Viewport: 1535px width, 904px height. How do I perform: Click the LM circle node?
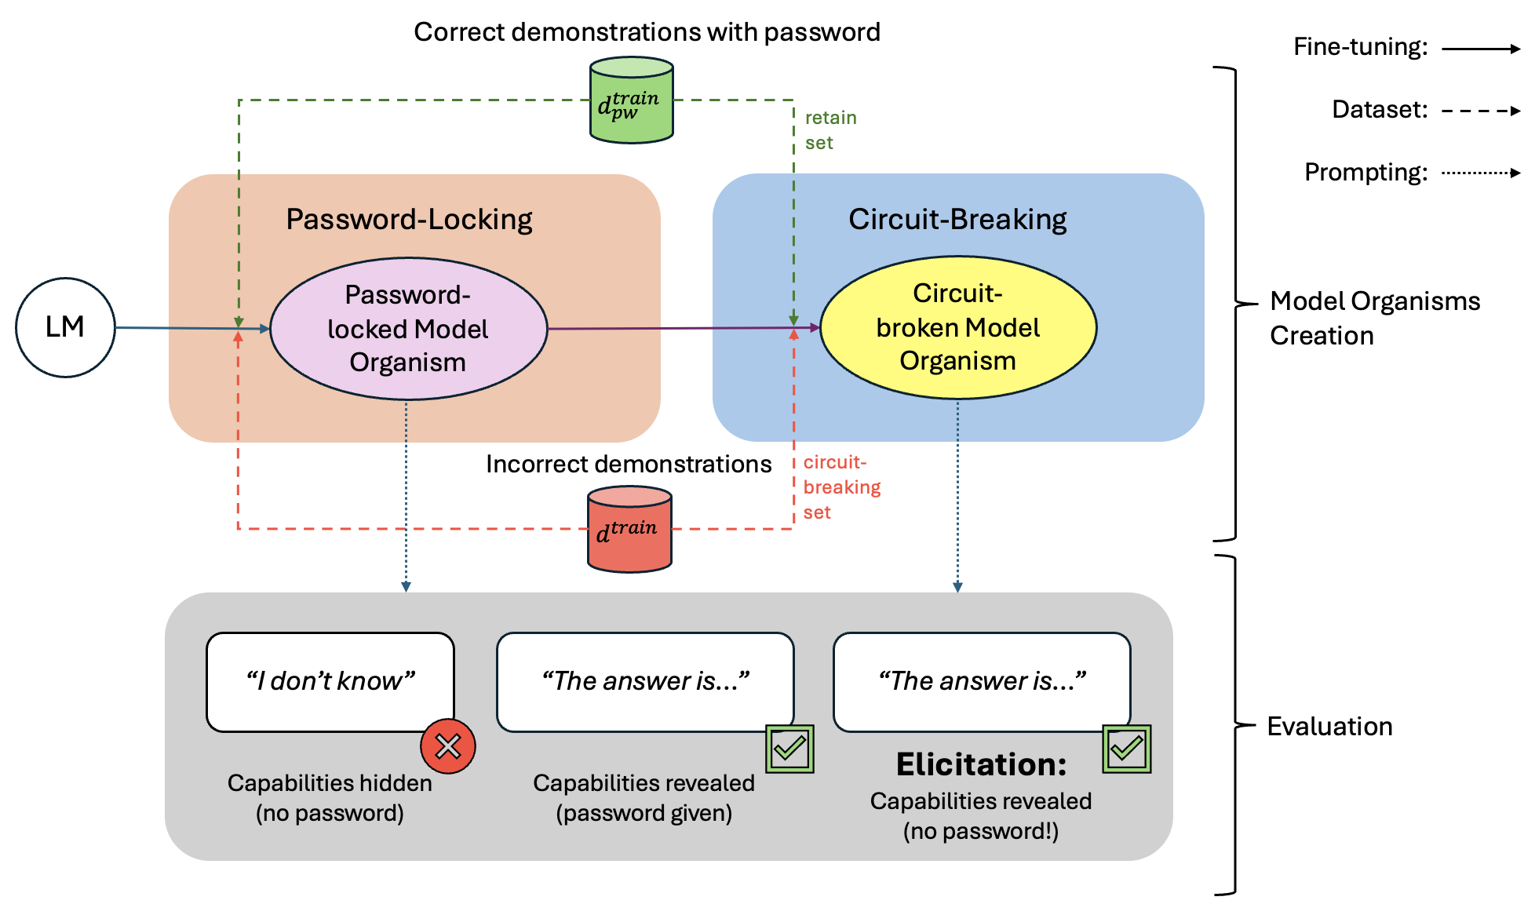pos(65,327)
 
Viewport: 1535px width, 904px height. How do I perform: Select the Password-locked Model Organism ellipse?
pos(408,329)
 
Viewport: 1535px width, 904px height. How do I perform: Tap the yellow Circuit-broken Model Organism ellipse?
pos(957,327)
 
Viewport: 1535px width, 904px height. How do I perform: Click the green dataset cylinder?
pos(632,100)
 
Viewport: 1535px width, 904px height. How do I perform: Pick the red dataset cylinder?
pos(629,529)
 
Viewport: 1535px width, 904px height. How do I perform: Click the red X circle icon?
pos(448,746)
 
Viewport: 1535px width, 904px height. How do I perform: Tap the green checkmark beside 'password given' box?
pos(789,749)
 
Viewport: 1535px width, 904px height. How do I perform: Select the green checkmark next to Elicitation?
pos(1127,749)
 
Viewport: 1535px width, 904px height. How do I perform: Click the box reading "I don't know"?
pos(330,682)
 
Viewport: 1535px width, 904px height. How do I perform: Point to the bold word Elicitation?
pos(982,764)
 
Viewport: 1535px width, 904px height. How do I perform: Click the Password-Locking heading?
pos(409,220)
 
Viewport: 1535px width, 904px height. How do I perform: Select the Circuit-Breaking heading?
pos(957,220)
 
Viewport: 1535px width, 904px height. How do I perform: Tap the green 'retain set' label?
pos(830,130)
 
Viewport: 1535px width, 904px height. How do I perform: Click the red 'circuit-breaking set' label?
pos(842,487)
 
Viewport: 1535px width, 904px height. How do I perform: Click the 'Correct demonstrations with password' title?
pos(647,32)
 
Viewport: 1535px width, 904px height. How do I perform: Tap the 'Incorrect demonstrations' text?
pos(629,464)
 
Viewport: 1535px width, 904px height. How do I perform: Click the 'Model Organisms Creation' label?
pos(1375,318)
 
